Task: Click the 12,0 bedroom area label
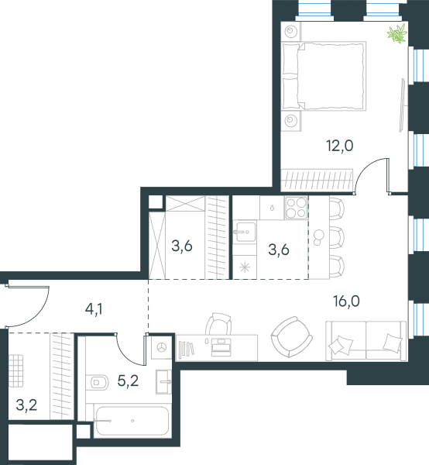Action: point(340,146)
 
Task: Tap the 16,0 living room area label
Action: point(346,301)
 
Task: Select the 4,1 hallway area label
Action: point(94,309)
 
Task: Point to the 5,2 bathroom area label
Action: point(128,381)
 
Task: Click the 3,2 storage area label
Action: point(26,405)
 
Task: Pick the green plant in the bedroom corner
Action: point(397,33)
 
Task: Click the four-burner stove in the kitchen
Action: point(297,208)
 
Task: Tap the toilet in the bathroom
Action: point(97,382)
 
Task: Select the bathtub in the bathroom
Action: point(132,421)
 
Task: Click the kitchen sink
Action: point(245,232)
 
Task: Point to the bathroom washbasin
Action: point(163,381)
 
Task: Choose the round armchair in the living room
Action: point(291,337)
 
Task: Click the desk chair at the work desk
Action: point(219,324)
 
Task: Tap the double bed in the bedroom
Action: point(324,76)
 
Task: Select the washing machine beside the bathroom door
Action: point(162,347)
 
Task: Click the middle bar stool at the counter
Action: point(337,237)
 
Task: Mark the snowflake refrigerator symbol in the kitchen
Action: point(245,267)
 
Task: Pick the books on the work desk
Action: point(187,350)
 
